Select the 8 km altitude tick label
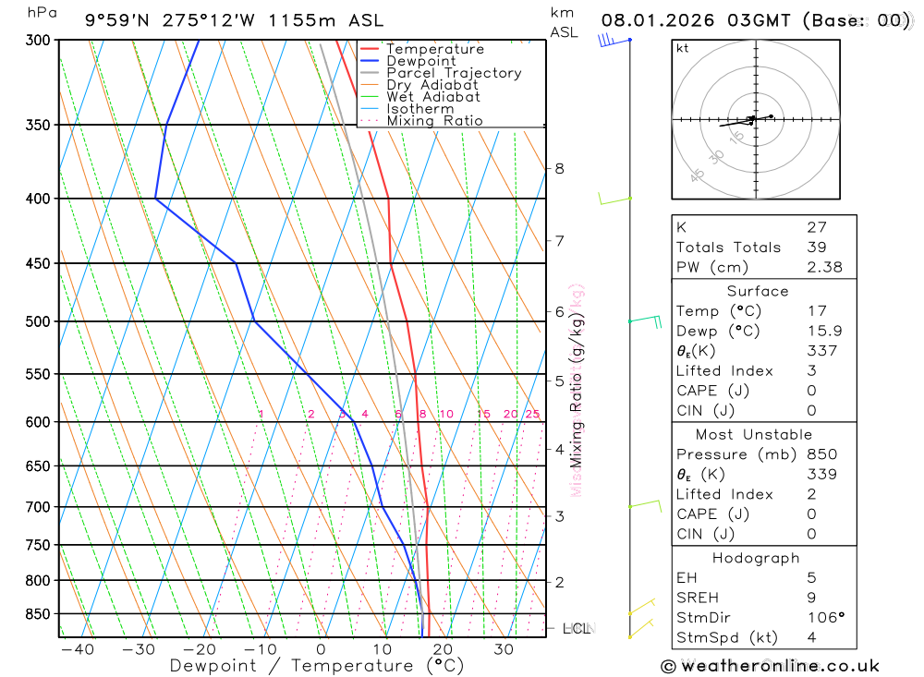(559, 168)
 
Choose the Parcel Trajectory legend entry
(453, 73)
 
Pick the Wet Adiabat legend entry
(432, 97)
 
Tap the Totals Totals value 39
(816, 247)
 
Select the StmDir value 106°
(825, 618)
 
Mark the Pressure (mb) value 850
(821, 454)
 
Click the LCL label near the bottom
(576, 629)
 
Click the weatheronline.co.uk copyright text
(771, 666)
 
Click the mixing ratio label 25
(532, 415)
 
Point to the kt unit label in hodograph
(683, 48)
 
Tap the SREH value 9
(810, 598)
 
